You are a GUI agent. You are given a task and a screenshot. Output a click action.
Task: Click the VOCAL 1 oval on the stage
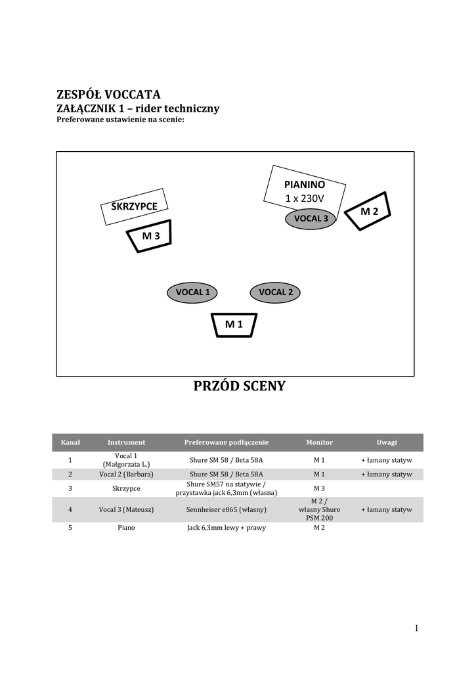[192, 292]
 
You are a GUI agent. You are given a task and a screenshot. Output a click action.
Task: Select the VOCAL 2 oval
[276, 292]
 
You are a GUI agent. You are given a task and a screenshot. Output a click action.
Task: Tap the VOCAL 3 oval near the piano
[311, 218]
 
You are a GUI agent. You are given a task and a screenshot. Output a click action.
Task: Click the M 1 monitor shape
[234, 324]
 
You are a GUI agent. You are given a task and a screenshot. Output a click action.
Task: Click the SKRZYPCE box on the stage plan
[135, 206]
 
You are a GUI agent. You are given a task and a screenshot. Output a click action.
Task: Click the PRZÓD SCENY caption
[240, 386]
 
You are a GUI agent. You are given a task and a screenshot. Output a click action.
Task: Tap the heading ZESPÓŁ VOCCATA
[109, 94]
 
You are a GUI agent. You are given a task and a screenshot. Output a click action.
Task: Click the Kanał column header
[70, 442]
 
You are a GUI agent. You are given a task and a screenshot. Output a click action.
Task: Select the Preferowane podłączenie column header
[227, 442]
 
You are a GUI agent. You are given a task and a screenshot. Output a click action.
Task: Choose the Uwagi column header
[386, 442]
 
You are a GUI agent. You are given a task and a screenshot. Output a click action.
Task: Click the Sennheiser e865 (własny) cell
[227, 509]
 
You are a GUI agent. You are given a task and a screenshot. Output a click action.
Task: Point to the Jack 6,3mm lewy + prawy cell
[227, 528]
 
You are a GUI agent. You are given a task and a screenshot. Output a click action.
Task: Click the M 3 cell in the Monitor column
[319, 488]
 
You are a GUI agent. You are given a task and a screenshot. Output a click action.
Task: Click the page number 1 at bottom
[416, 628]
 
